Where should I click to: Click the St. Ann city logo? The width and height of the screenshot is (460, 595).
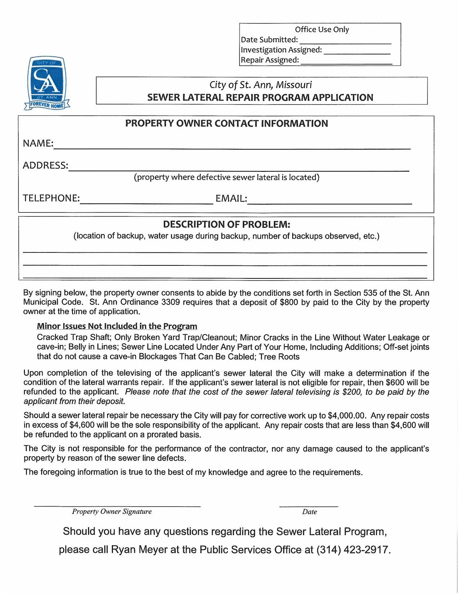[47, 83]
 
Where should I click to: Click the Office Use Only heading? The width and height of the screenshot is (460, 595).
[322, 30]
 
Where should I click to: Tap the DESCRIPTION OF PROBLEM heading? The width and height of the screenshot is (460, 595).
[227, 224]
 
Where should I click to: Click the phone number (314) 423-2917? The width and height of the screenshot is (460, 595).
[353, 550]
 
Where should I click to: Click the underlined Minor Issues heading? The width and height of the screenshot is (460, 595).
[117, 326]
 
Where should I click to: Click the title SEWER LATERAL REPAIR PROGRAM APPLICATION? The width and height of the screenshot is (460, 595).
[260, 98]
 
